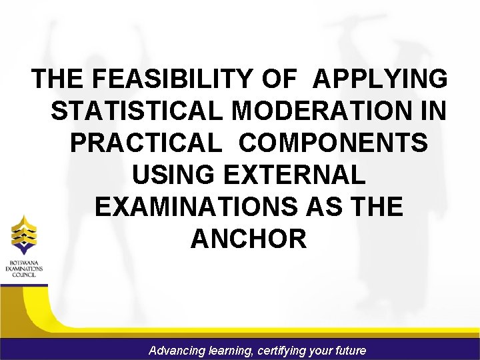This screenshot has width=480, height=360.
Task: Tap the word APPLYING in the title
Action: pos(381,79)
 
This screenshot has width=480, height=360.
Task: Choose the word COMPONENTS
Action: pos(334,143)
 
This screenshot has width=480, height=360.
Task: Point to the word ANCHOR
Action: pos(249,239)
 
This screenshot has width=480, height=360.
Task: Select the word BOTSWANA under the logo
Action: pos(23,262)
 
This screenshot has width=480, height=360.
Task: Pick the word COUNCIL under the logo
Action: pos(23,275)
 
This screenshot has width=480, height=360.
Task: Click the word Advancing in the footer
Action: pos(177,350)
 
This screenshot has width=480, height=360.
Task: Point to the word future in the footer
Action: pos(350,350)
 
